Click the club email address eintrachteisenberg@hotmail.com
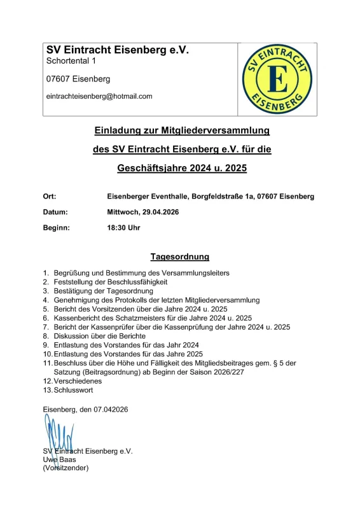[99, 97]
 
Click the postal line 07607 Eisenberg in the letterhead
[78, 80]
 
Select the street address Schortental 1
[71, 61]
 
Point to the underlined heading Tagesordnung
[180, 258]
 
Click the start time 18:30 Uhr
[125, 227]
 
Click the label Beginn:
[56, 227]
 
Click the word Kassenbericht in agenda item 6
[79, 317]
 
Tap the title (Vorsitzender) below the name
[66, 468]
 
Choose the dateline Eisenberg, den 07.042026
[85, 410]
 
